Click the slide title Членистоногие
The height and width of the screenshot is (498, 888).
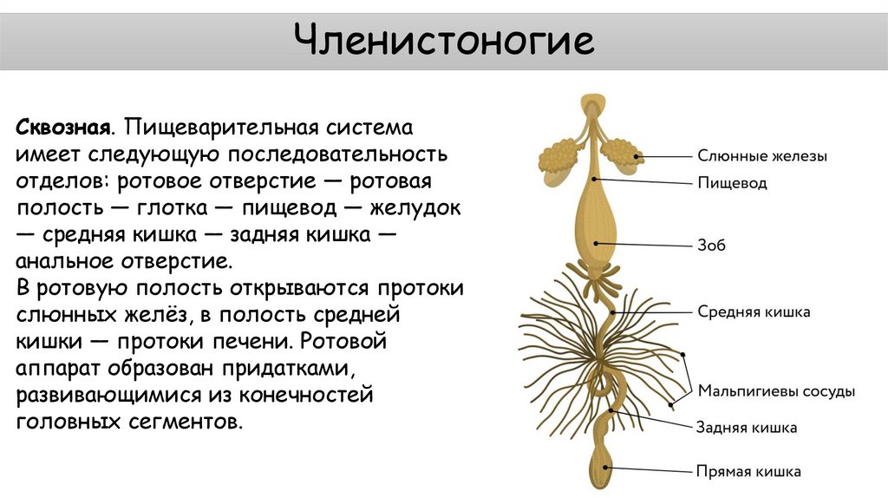[443, 41]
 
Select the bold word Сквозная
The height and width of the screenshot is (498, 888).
[61, 128]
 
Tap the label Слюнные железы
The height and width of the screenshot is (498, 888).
[762, 157]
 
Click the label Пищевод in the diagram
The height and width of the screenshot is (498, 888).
[732, 184]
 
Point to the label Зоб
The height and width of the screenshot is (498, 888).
[712, 246]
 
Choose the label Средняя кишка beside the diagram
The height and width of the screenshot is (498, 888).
[754, 311]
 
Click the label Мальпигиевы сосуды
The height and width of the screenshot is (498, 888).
[777, 391]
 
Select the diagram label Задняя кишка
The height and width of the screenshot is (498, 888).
[747, 428]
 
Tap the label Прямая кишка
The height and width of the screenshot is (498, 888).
[748, 473]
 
